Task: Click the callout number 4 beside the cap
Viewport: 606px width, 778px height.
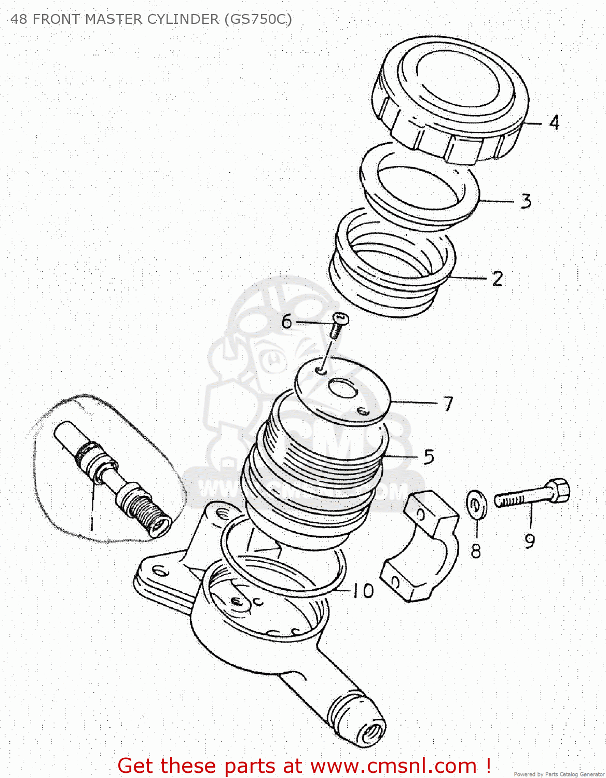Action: tap(554, 123)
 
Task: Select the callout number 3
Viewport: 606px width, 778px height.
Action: tap(526, 201)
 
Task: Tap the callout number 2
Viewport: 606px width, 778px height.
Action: tap(498, 279)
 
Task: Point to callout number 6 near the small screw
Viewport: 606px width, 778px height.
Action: tap(287, 322)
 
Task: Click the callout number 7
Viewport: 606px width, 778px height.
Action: tap(448, 404)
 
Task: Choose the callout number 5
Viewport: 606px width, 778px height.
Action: tap(429, 457)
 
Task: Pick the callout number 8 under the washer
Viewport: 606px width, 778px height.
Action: tap(476, 551)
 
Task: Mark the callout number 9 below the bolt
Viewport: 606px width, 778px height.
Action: tap(529, 541)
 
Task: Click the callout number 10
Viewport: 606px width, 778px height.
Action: tap(363, 590)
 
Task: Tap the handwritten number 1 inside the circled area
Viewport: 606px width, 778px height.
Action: tap(91, 523)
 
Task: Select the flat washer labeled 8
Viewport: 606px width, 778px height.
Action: tap(476, 504)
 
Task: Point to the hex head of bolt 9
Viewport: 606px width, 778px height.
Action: tap(559, 490)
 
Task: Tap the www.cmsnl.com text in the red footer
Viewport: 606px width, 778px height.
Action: tap(393, 766)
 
